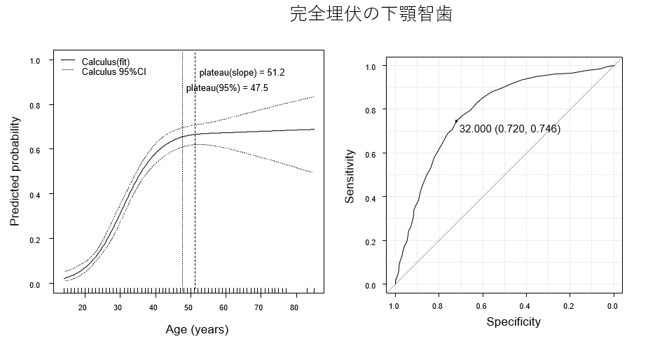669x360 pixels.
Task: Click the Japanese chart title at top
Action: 371,15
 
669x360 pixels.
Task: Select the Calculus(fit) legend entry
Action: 106,62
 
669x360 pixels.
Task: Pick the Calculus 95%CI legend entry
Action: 113,71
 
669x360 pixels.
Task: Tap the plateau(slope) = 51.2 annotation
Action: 242,72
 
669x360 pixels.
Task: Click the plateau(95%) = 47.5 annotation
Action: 227,88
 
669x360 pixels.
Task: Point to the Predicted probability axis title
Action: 15,172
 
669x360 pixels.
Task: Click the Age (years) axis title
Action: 197,329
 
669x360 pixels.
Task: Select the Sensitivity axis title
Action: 350,176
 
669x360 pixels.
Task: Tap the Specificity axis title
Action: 513,321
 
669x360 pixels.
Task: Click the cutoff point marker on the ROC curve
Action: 456,121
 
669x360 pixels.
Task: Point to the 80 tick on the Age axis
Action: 294,307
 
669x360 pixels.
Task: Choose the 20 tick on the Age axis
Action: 83,307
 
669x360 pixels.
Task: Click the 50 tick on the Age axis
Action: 188,307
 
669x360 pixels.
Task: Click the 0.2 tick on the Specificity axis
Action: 570,305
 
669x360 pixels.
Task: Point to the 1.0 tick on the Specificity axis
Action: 395,305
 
